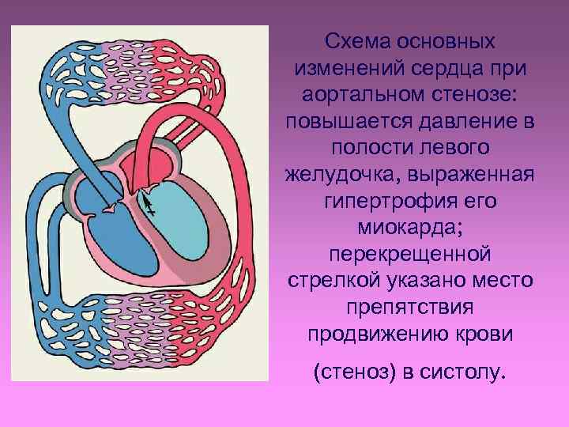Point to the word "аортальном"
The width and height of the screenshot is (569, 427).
pyautogui.click(x=362, y=95)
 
